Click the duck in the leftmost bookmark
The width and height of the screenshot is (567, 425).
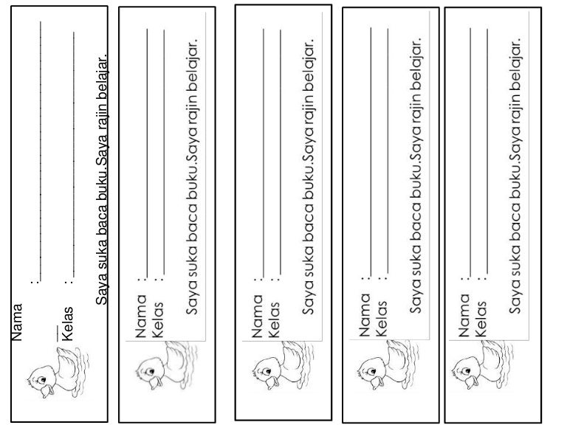point(58,372)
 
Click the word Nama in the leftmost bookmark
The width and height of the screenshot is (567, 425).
point(17,322)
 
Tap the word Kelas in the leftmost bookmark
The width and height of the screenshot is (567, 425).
point(68,324)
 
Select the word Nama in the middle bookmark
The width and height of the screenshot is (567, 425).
point(257,316)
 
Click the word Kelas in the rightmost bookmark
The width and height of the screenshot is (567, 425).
point(481,319)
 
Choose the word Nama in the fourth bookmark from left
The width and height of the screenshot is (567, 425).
point(365,315)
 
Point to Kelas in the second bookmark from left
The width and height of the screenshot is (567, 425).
point(158,319)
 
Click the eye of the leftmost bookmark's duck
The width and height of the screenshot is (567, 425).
point(42,379)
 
